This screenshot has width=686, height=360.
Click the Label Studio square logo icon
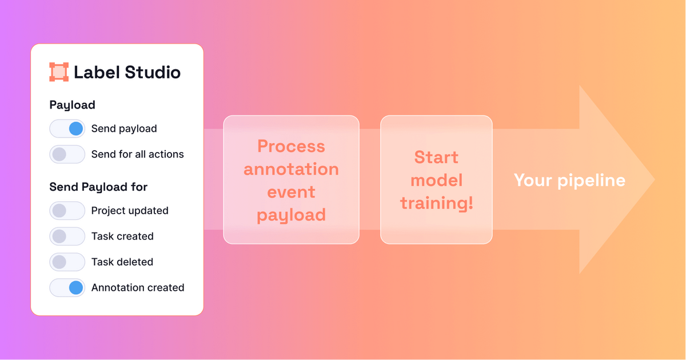[59, 72]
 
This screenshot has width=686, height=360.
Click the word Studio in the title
[153, 72]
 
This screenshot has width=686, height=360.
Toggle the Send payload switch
[67, 129]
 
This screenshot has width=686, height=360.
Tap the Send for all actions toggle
[67, 154]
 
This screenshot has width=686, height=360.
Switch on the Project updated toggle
[67, 211]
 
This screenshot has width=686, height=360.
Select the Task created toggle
[67, 237]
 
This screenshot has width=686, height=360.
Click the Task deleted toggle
[67, 262]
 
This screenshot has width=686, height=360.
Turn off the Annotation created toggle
[67, 288]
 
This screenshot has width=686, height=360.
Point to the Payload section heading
[72, 105]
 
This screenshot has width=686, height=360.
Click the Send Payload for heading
[98, 187]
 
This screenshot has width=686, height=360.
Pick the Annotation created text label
[138, 288]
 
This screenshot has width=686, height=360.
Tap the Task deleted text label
[122, 262]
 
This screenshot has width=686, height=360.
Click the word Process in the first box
[291, 146]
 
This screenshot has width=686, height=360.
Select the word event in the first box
[291, 192]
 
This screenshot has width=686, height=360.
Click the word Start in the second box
[436, 158]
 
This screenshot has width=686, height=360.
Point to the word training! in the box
[437, 203]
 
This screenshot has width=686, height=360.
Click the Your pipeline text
[569, 181]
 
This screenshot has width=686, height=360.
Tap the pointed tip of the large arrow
[655, 179]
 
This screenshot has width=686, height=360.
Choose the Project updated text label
[130, 211]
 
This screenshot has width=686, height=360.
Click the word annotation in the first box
[291, 169]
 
